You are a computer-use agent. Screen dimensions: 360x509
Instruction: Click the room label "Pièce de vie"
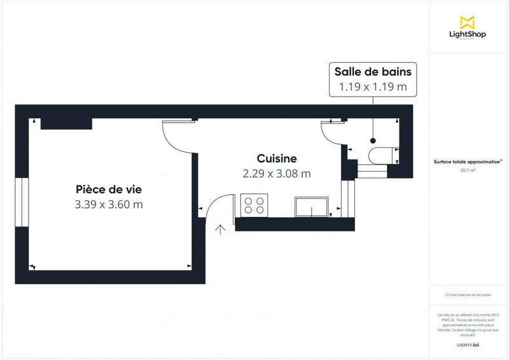[109, 189]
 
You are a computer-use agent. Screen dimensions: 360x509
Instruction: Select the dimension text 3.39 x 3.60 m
[109, 205]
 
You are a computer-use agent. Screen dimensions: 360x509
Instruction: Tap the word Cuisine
[277, 158]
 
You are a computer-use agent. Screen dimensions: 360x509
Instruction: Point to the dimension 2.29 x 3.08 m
[277, 173]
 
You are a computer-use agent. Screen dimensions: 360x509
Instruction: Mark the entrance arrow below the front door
[221, 230]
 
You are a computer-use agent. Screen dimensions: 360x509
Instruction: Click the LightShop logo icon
[467, 20]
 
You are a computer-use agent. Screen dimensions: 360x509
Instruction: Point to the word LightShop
[467, 34]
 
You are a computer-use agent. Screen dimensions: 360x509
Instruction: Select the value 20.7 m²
[467, 170]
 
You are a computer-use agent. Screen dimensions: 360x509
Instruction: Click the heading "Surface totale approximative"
[467, 161]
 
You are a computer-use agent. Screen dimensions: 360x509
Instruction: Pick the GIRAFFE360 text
[467, 345]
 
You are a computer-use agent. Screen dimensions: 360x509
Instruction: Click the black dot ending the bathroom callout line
[373, 141]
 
